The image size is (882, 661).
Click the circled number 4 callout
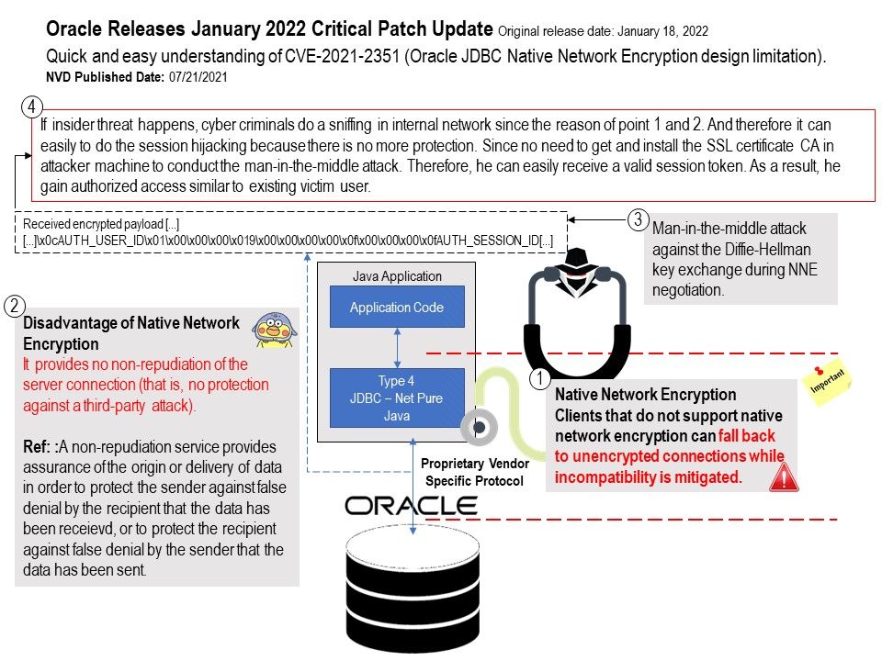tap(32, 106)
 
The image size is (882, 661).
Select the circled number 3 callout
tap(639, 220)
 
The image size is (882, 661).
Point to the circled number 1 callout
tap(541, 376)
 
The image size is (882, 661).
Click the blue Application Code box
tap(397, 308)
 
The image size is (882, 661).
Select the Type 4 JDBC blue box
tap(397, 398)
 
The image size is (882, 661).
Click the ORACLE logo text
tap(411, 506)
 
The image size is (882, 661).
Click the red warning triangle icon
tap(783, 477)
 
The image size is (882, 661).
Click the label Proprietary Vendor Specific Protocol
tap(475, 473)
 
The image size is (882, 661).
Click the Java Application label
tap(397, 275)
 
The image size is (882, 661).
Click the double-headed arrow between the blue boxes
tap(397, 348)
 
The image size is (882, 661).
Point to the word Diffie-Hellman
tap(733, 249)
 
